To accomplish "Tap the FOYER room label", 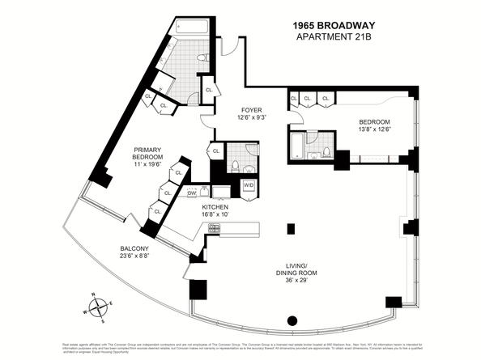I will pyautogui.click(x=251, y=110).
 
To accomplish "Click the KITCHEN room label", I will pyautogui.click(x=215, y=207).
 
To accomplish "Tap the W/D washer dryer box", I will pyautogui.click(x=249, y=185).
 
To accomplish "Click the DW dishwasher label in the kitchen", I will pyautogui.click(x=193, y=193).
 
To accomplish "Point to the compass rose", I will pyautogui.click(x=99, y=307).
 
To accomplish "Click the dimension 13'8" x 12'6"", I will pyautogui.click(x=377, y=133).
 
